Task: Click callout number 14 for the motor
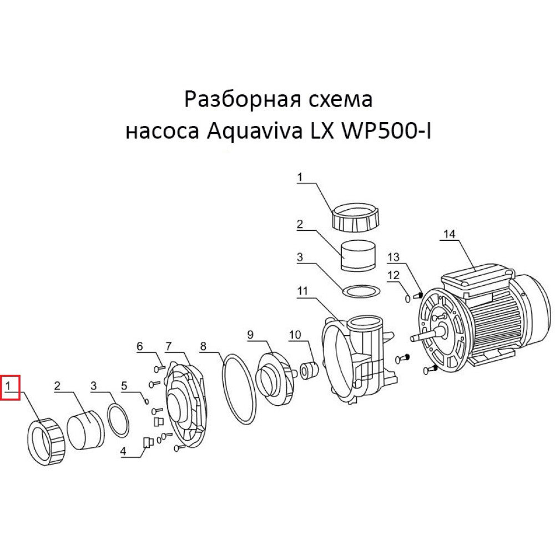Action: pos(449,234)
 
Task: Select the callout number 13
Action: pos(393,257)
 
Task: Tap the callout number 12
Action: pos(393,275)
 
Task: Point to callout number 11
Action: pos(302,290)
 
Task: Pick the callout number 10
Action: pos(294,334)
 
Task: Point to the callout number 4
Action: pos(124,452)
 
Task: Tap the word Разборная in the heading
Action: pos(239,101)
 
